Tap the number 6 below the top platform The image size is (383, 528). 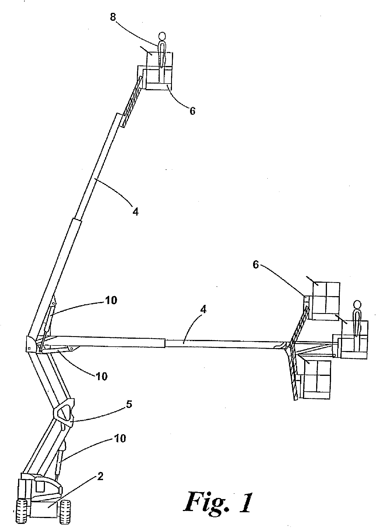coord(192,111)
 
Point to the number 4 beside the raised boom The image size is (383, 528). coord(135,211)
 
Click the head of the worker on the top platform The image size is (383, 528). coord(162,36)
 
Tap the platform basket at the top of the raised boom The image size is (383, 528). coord(159,72)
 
